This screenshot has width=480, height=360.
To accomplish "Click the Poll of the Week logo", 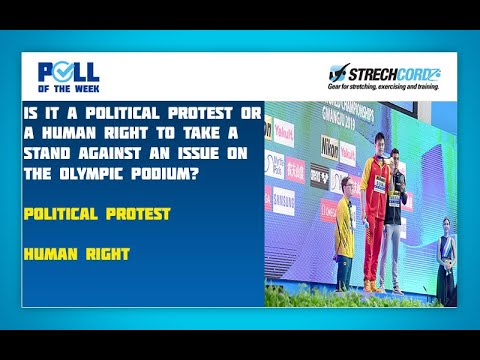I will coord(68,77).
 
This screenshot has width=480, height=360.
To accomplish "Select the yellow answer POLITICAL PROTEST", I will coord(97,213).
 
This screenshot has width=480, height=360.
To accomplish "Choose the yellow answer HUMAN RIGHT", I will coord(77,253).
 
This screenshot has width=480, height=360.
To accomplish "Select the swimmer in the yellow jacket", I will coord(345,240).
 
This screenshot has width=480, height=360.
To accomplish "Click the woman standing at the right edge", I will coord(447,255).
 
